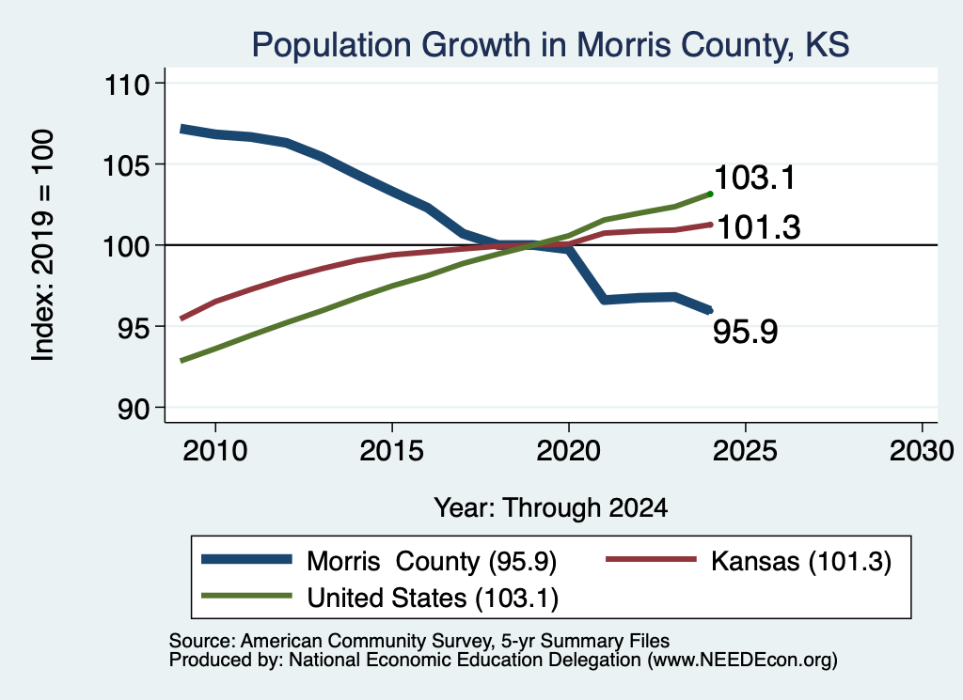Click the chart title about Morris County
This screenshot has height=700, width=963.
click(550, 45)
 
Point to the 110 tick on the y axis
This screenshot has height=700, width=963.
click(127, 84)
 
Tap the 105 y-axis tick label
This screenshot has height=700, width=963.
click(127, 165)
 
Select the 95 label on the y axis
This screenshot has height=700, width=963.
click(134, 328)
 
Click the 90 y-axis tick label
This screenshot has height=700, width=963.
click(134, 409)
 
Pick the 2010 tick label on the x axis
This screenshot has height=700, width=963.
click(215, 451)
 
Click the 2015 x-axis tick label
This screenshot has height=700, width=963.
click(392, 451)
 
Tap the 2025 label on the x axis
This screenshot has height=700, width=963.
click(745, 451)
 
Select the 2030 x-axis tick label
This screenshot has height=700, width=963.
click(922, 451)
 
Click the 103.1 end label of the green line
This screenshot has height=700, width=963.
click(755, 178)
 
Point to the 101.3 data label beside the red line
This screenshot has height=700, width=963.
click(759, 227)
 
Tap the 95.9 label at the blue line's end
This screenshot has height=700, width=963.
click(746, 332)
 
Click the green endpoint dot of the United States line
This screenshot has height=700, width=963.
click(711, 194)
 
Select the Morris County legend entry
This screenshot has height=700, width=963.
click(379, 561)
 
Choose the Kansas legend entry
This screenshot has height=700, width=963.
click(749, 561)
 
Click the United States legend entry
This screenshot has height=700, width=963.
click(380, 598)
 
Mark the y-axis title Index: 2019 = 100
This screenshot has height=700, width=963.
click(42, 245)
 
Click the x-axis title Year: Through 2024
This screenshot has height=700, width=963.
click(551, 508)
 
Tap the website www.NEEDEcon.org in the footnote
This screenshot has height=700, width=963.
click(742, 661)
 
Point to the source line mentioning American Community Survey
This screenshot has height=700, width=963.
click(419, 641)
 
